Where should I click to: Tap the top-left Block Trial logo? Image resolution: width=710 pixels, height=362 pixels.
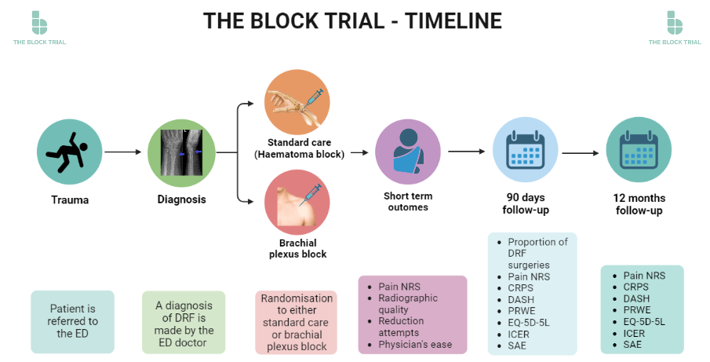39,27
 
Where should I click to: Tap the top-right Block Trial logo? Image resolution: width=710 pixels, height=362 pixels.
674,27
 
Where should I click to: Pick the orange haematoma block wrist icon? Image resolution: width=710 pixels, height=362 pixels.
297,102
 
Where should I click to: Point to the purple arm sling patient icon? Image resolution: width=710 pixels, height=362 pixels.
407,152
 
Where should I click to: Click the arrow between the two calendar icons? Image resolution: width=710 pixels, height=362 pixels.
581,152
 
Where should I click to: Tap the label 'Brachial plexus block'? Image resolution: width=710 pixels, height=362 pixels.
297,249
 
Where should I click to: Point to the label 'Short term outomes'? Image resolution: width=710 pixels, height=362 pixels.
408,202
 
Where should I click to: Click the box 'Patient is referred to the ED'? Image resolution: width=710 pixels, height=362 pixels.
73,321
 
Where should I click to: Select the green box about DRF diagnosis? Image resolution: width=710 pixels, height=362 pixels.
183,321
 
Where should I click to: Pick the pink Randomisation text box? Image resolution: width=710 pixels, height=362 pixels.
297,322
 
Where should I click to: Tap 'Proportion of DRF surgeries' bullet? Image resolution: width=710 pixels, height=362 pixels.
537,254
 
